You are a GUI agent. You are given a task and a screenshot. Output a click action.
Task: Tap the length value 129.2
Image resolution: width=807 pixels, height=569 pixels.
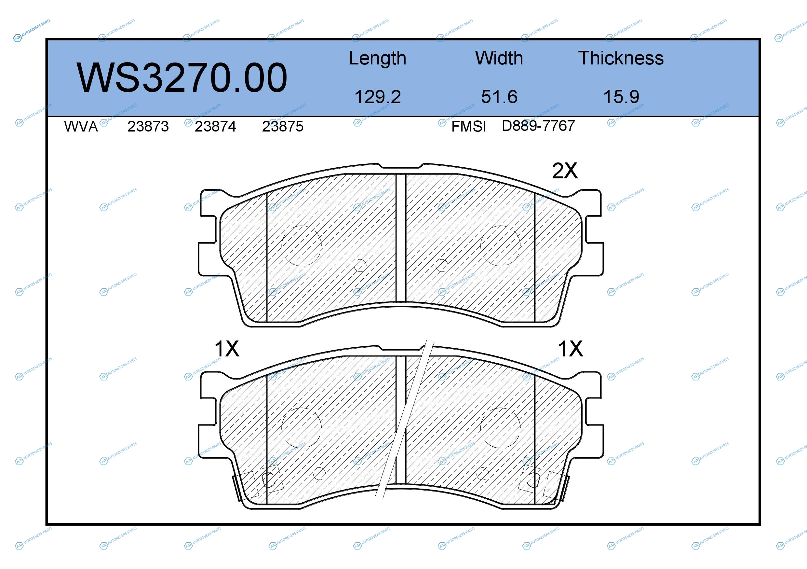tap(378, 97)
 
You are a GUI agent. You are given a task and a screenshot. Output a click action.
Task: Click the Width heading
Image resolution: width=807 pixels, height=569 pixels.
tap(499, 58)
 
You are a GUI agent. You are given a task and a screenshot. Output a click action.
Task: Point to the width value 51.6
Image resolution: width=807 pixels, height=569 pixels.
tap(499, 97)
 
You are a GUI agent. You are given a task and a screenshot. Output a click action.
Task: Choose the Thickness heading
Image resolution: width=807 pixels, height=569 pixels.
tap(621, 58)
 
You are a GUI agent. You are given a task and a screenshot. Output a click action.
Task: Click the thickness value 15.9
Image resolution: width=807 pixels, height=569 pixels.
tap(621, 97)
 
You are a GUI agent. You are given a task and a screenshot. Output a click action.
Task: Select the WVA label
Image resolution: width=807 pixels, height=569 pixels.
tap(81, 127)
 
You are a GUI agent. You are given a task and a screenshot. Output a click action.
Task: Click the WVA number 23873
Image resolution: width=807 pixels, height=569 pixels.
tap(148, 127)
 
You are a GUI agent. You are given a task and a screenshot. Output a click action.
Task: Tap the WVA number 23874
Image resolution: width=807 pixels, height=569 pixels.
tap(215, 127)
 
